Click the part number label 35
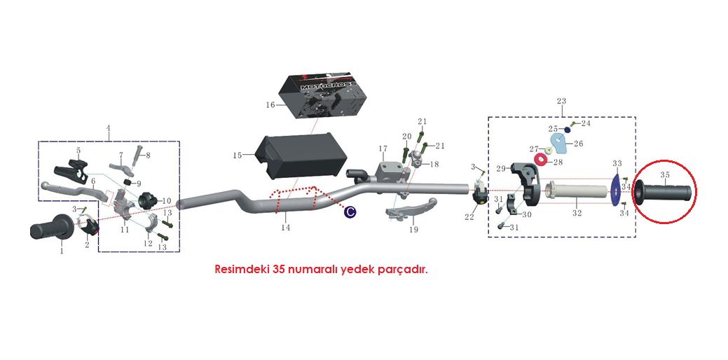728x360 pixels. [x=664, y=174]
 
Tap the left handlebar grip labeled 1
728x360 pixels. [x=50, y=228]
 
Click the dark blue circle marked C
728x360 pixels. [x=348, y=212]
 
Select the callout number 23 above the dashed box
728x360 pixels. [x=561, y=101]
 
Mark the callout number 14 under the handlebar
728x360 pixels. [x=285, y=228]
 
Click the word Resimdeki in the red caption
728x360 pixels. [x=238, y=270]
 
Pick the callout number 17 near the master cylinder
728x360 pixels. [x=383, y=149]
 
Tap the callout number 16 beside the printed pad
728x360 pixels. [x=270, y=105]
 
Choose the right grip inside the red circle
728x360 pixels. [x=664, y=193]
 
